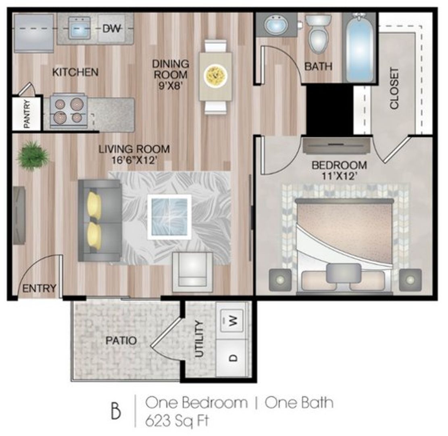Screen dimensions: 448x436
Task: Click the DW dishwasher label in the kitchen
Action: click(111, 28)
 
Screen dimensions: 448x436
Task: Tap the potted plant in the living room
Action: click(33, 156)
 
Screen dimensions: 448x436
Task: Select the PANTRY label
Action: click(27, 113)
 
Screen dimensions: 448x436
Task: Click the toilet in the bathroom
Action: click(318, 35)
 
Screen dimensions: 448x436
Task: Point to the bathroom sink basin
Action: click(276, 25)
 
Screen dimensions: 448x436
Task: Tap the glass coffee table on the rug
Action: click(169, 217)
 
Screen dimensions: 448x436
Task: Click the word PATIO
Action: click(121, 340)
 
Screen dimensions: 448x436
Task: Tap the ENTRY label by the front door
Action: click(39, 288)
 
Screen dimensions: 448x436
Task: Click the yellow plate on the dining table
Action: click(216, 75)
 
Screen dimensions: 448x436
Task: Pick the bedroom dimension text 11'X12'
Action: click(339, 176)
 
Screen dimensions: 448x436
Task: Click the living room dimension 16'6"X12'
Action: click(134, 160)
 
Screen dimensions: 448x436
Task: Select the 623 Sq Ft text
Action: click(177, 421)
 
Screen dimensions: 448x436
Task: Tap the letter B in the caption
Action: click(116, 411)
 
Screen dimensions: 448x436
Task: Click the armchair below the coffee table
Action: click(193, 272)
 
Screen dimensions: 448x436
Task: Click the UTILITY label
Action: click(199, 339)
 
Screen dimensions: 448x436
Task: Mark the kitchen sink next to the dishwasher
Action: click(79, 28)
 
